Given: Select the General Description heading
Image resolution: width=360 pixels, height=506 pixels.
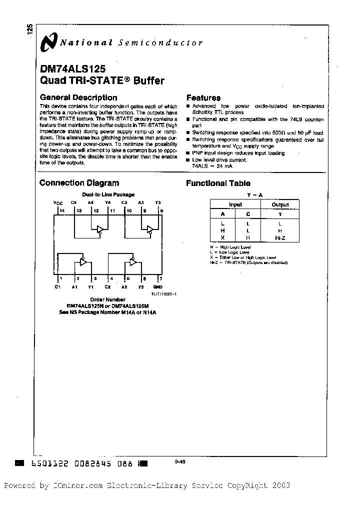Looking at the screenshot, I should (78, 98).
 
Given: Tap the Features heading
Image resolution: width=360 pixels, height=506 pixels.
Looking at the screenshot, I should (203, 98).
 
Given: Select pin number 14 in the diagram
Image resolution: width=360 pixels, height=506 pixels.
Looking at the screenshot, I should (62, 211).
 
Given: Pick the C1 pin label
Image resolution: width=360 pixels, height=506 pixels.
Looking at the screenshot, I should (58, 287).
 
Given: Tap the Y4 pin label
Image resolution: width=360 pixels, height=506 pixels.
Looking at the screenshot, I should (107, 202).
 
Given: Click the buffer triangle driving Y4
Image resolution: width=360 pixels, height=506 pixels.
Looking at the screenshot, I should (100, 229).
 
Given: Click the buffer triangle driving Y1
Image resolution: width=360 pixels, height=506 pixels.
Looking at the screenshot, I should (83, 261).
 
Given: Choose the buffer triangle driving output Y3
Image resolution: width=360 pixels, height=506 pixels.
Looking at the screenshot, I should (149, 229).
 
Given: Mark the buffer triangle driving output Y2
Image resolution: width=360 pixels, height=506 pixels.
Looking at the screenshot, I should (133, 261).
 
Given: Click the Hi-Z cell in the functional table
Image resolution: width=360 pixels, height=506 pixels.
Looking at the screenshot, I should (279, 237).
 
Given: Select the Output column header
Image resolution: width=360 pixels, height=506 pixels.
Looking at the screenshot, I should (280, 204).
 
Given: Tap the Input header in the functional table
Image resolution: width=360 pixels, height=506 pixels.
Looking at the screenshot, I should (235, 204).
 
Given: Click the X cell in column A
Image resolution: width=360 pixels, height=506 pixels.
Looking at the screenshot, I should (222, 237).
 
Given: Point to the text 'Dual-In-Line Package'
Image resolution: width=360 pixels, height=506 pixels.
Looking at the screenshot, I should (108, 194).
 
